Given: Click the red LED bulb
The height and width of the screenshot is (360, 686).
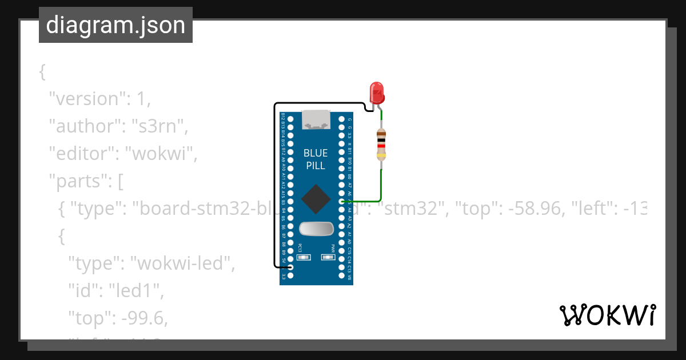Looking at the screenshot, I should (377, 93).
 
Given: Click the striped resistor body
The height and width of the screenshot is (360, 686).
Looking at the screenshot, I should (381, 144).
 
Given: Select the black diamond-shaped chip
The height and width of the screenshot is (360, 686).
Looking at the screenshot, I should (316, 199).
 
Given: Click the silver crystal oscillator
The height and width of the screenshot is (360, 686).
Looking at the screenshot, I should (316, 229).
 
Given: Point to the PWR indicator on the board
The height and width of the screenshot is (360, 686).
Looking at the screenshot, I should (328, 257).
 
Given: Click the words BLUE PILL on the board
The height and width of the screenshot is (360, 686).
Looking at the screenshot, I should (316, 159).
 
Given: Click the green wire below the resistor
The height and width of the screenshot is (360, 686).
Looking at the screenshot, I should (381, 186).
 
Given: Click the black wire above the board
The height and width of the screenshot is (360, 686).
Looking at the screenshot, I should (320, 103).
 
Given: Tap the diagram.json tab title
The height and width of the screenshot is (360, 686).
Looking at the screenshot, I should (115, 25).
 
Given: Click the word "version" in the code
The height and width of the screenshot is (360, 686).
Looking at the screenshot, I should (86, 99).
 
